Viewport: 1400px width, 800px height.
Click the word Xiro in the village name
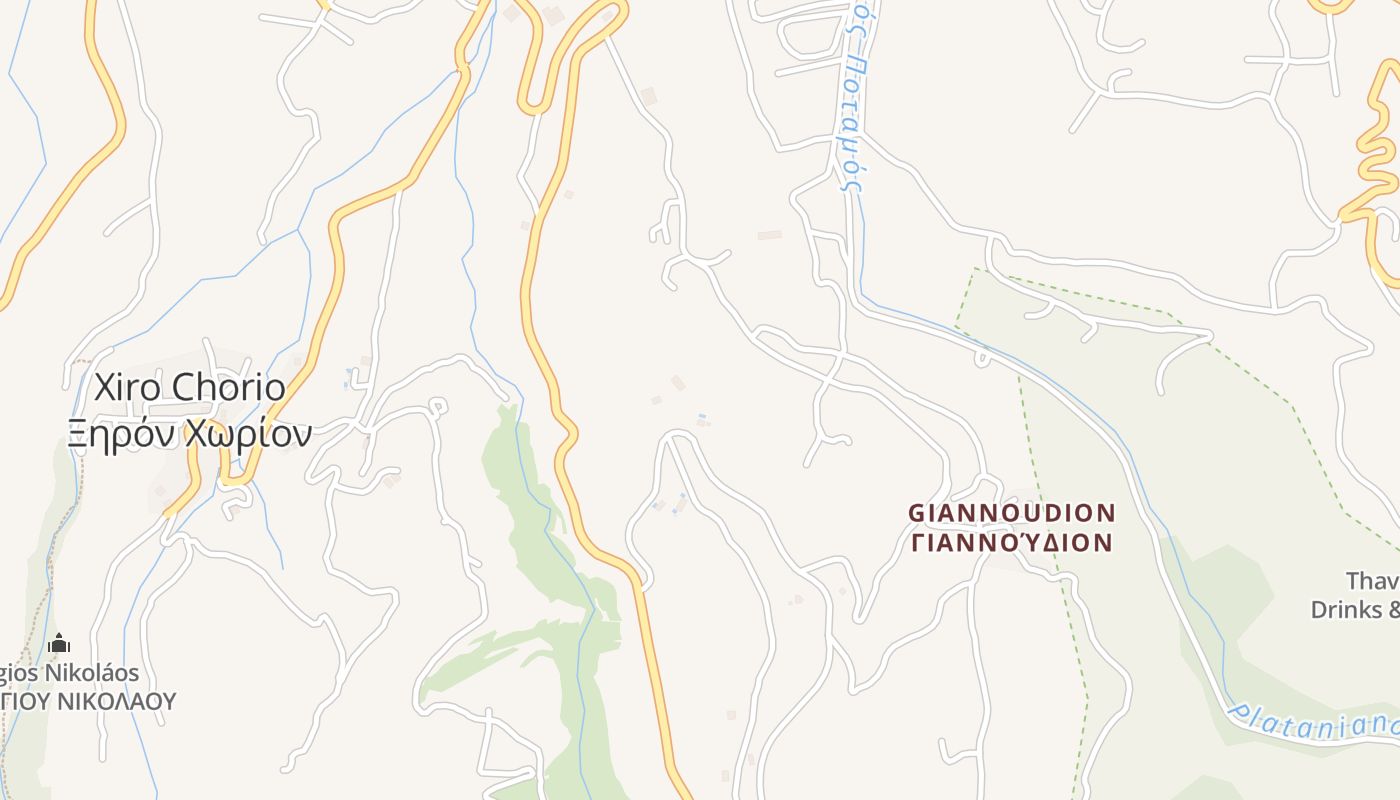[129, 388]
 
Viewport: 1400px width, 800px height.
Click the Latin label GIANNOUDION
[1011, 513]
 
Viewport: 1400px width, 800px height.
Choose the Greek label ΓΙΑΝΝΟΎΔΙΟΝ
[1011, 543]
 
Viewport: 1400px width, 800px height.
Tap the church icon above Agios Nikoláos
[59, 643]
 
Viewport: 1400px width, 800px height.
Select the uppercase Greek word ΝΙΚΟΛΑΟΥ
[115, 701]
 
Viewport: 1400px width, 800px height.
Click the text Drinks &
[1355, 609]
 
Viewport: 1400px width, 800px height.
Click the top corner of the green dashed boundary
[976, 269]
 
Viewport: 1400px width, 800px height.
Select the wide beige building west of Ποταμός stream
[769, 235]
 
